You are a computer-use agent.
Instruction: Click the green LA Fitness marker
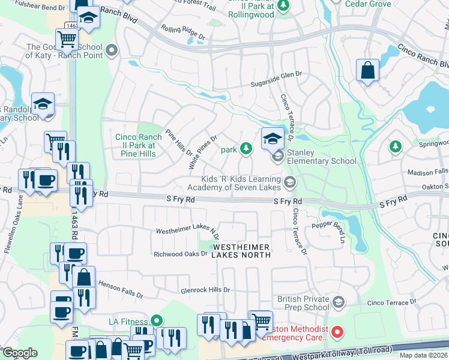157,322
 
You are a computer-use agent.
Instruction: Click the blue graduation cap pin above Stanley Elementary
272,139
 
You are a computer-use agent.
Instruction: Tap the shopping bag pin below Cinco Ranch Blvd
367,70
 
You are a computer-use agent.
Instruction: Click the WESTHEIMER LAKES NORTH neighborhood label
241,251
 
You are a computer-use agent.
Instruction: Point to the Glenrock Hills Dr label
205,290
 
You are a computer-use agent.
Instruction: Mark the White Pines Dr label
202,151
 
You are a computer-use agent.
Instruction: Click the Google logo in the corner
20,353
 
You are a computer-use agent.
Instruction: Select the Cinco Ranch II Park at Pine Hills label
135,145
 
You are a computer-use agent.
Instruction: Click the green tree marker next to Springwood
395,146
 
